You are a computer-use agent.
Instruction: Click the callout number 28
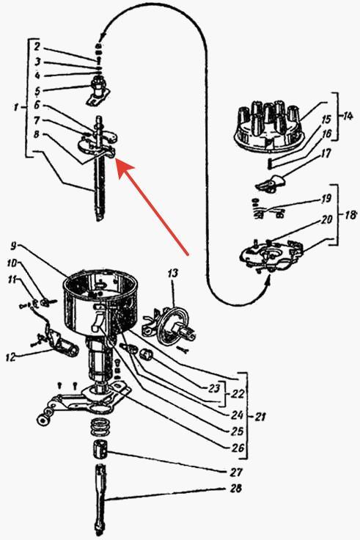tap(235, 489)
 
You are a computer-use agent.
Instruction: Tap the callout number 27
tap(236, 472)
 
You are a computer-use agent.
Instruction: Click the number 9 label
tap(13, 246)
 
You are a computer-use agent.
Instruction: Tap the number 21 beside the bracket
tap(260, 417)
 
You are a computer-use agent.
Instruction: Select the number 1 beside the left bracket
tap(16, 107)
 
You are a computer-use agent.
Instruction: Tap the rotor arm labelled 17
tap(271, 183)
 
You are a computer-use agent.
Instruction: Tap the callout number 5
tap(37, 90)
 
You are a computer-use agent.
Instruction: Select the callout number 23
tap(214, 388)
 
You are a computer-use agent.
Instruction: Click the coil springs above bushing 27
tap(101, 427)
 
